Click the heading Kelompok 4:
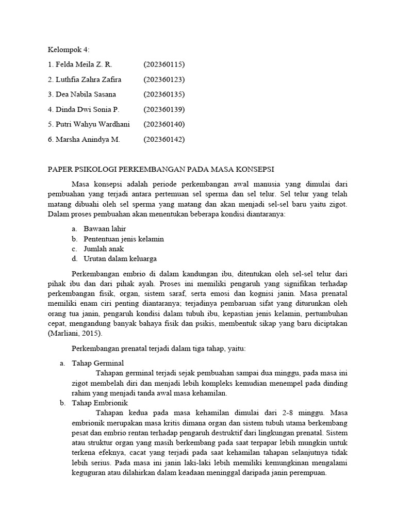click(69, 49)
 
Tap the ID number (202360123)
click(164, 79)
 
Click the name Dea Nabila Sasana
click(86, 94)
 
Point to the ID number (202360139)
click(164, 109)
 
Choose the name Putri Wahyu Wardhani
click(92, 124)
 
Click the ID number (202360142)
click(164, 139)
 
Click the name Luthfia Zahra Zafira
click(91, 79)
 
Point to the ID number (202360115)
click(164, 64)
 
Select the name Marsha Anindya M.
click(87, 139)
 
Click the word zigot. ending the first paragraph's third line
click(339, 204)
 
